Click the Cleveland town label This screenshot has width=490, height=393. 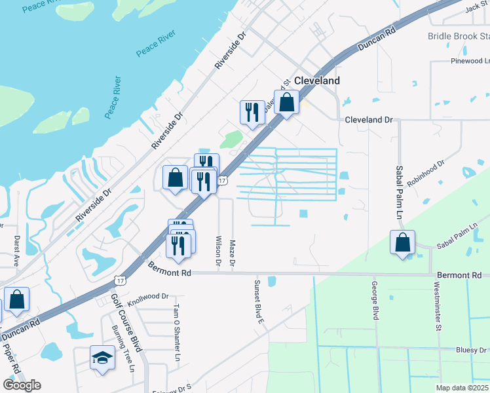pyautogui.click(x=317, y=81)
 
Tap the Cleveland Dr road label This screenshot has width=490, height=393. pyautogui.click(x=368, y=121)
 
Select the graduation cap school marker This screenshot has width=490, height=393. pyautogui.click(x=102, y=358)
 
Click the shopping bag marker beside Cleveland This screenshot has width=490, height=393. pyautogui.click(x=286, y=102)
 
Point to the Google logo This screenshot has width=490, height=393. pyautogui.click(x=22, y=385)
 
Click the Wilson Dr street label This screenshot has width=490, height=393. pyautogui.click(x=218, y=251)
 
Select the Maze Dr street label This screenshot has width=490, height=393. pyautogui.click(x=232, y=252)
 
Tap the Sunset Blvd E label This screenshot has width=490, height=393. pyautogui.click(x=259, y=302)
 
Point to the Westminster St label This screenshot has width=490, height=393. pyautogui.click(x=437, y=307)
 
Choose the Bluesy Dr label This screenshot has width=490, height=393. pyautogui.click(x=471, y=350)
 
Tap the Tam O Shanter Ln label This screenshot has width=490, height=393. pyautogui.click(x=176, y=333)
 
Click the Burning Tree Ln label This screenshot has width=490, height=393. pyautogui.click(x=122, y=349)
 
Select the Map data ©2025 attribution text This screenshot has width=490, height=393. pyautogui.click(x=462, y=388)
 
